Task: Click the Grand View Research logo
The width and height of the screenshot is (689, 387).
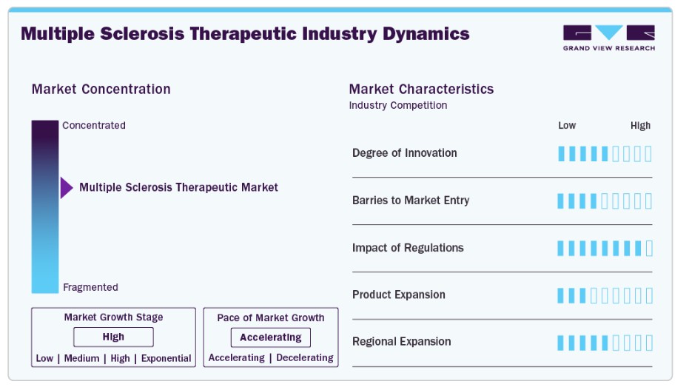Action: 608,38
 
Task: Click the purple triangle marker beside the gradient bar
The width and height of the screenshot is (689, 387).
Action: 67,187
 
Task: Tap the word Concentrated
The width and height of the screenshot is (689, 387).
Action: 94,125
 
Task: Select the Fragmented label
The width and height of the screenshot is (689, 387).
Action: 90,287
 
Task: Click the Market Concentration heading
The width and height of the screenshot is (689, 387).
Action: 101,90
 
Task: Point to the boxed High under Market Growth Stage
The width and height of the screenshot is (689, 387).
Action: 113,337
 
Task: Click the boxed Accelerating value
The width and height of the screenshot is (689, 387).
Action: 271,337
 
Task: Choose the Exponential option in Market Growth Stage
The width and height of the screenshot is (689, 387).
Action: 166,358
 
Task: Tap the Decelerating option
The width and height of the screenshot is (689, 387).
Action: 305,358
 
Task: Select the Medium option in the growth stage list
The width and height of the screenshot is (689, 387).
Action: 81,358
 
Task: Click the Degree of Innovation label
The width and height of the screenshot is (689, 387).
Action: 405,153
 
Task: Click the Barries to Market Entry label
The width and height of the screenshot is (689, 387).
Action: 411,201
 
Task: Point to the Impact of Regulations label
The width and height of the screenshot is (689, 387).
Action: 408,248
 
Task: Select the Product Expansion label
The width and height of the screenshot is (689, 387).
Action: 399,295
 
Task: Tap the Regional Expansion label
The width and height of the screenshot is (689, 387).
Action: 402,342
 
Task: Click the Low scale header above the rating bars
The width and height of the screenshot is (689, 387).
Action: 567,126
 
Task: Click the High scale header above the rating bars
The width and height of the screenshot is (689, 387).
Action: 640,126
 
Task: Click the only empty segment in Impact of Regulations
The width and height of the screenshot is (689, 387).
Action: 650,249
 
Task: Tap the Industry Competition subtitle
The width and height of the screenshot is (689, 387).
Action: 398,105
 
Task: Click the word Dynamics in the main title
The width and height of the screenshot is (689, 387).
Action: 426,34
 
